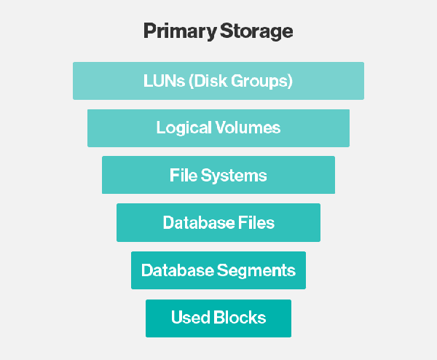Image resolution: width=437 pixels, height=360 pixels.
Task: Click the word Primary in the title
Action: coord(180,31)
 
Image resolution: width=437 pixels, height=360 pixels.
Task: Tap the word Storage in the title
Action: coord(256,31)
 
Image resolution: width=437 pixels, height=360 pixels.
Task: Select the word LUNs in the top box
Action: coord(164,81)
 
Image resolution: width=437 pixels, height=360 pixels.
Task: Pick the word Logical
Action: coord(184,128)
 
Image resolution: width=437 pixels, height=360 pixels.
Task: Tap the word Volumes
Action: coord(248,128)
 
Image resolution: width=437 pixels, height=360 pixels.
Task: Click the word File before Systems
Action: coord(184,175)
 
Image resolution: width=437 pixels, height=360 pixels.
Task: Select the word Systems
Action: coord(234,176)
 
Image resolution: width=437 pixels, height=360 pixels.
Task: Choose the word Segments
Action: coord(256,271)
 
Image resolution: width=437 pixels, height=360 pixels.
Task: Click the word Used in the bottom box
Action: coord(190,317)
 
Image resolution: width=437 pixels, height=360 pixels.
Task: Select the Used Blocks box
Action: coord(219,318)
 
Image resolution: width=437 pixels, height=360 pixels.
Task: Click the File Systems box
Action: coord(219,175)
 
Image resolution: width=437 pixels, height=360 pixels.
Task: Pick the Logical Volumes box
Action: coord(219,128)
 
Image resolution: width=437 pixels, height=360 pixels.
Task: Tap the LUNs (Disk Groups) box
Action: coord(219,81)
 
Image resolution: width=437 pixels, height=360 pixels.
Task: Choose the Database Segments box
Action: coord(219,270)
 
